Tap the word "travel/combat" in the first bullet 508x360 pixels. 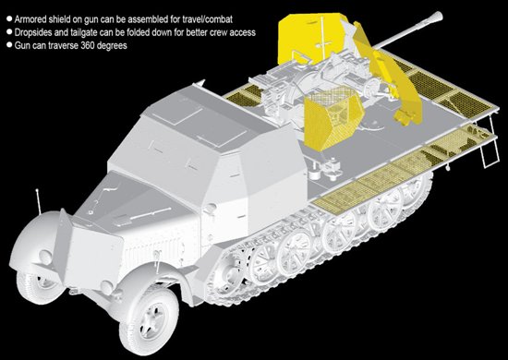207,19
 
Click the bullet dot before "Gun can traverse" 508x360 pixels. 9,45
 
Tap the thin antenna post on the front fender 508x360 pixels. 38,202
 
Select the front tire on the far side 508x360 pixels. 41,286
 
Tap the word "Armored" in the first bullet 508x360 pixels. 30,19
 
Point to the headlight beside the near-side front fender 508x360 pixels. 108,286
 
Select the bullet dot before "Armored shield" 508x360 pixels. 9,18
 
